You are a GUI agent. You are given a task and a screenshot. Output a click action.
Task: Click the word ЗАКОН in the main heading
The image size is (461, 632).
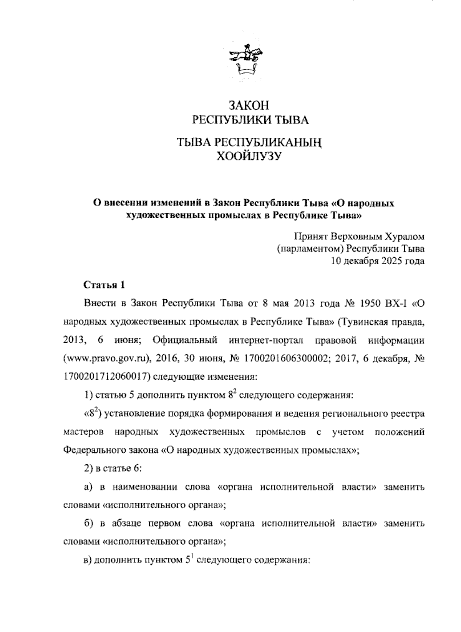point(249,105)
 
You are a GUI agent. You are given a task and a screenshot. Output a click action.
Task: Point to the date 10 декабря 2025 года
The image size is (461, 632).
point(378,261)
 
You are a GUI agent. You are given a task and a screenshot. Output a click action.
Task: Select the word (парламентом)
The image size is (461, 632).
point(310,248)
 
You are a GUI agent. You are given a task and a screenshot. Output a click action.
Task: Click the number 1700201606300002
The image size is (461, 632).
point(285,359)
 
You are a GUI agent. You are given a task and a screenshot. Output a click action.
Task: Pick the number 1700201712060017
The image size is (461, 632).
point(105,377)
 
